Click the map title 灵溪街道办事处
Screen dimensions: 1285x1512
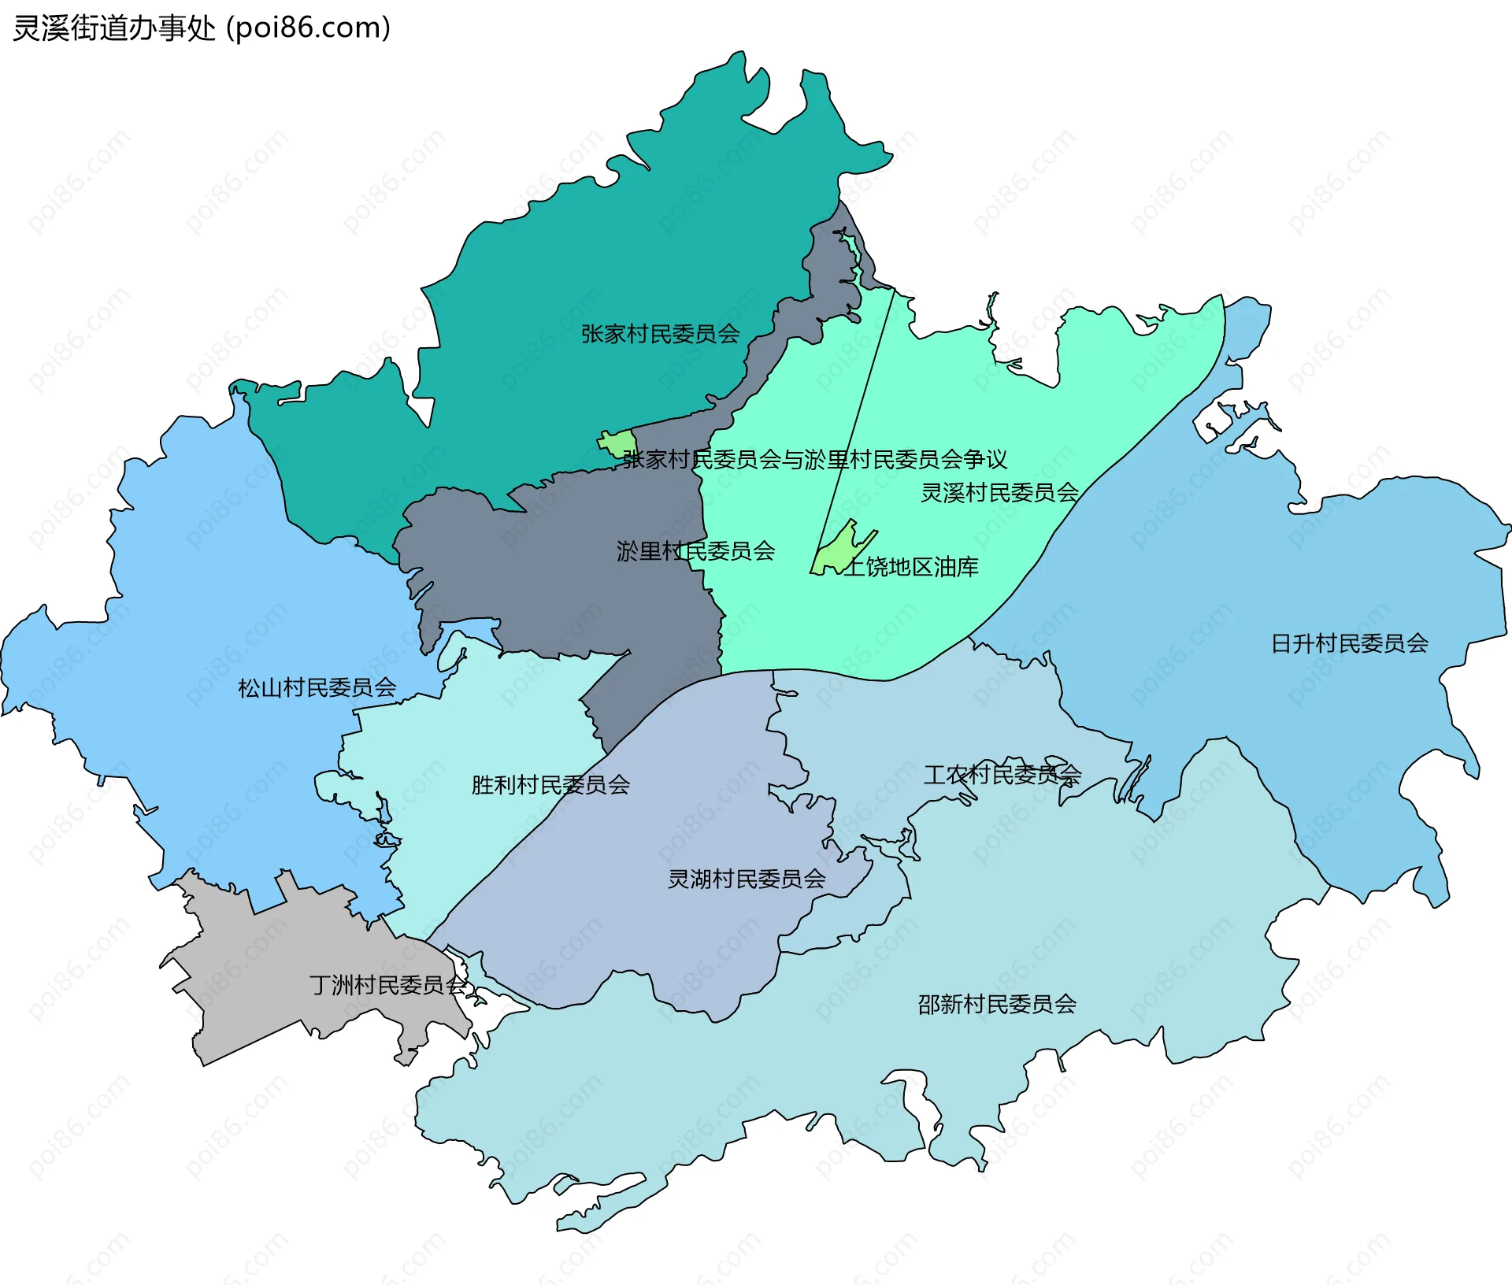[114, 28]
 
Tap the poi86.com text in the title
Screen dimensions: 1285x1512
[309, 28]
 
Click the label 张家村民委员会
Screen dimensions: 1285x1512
[660, 334]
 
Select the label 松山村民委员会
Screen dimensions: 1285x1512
[317, 687]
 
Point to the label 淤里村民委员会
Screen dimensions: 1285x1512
[695, 550]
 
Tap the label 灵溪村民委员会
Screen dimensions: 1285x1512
[999, 492]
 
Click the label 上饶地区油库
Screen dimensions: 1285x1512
[911, 566]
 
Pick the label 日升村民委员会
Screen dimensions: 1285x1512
[1349, 643]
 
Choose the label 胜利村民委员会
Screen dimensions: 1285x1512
[550, 784]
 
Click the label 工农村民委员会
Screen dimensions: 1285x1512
[1002, 774]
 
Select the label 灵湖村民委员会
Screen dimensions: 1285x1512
[746, 878]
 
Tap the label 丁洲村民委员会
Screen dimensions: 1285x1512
[387, 984]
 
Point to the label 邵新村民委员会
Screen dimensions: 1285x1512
[996, 1004]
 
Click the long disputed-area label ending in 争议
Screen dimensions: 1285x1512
[814, 458]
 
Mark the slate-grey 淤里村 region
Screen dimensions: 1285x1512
[551, 567]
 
